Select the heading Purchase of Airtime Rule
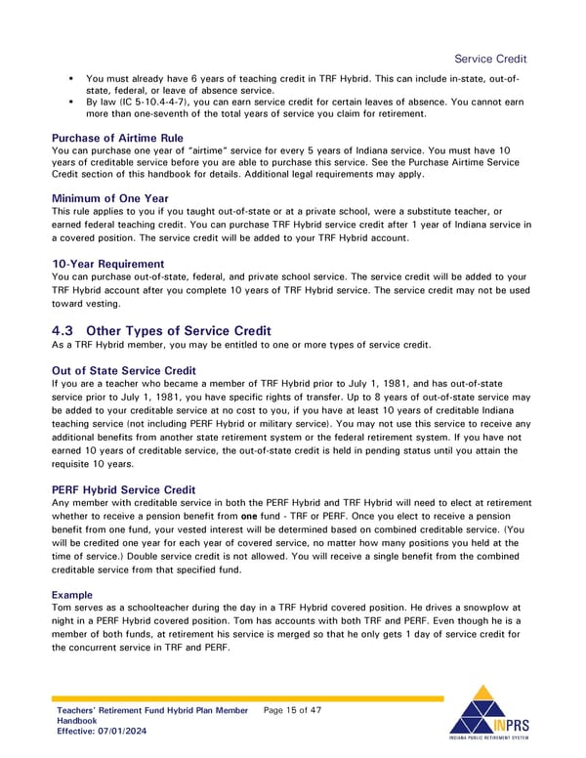click(117, 138)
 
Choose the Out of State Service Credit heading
click(123, 370)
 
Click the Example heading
click(72, 594)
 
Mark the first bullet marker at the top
click(72, 77)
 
